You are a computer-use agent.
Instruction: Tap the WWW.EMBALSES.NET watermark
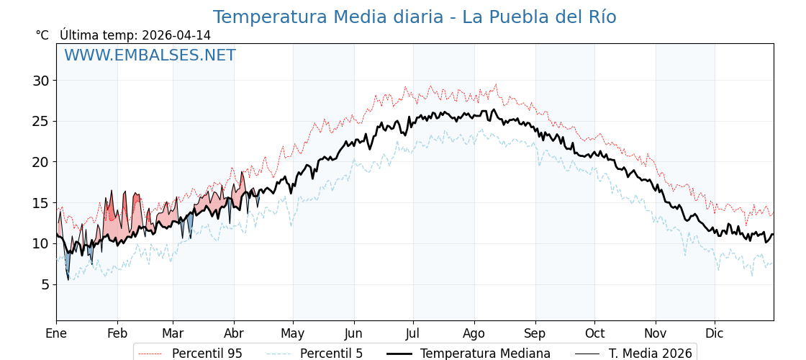(x=150, y=55)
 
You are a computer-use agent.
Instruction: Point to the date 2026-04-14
(x=176, y=35)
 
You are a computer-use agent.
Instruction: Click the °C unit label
(x=42, y=35)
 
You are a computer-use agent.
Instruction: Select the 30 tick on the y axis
(x=40, y=81)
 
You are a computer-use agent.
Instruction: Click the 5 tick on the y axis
(x=45, y=284)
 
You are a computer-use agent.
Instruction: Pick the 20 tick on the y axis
(x=40, y=162)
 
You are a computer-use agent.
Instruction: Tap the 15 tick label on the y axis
(x=40, y=203)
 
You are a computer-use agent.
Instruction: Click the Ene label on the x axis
(x=56, y=333)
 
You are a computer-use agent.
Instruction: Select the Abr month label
(x=234, y=333)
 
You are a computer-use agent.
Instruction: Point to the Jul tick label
(x=413, y=333)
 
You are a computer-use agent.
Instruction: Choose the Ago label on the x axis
(x=474, y=333)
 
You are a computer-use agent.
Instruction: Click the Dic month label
(x=715, y=333)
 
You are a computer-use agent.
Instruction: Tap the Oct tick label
(x=594, y=333)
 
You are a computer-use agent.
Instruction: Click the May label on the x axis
(x=293, y=333)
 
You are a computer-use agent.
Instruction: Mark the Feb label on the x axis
(x=117, y=333)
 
